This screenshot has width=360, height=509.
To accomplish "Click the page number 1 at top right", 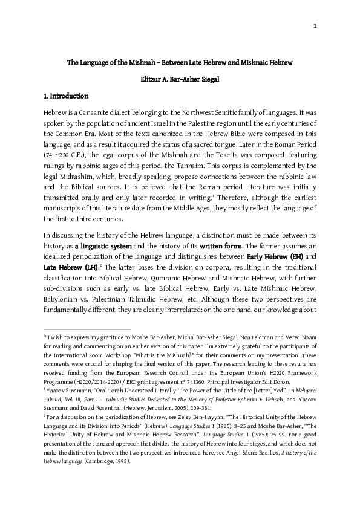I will (x=315, y=25).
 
